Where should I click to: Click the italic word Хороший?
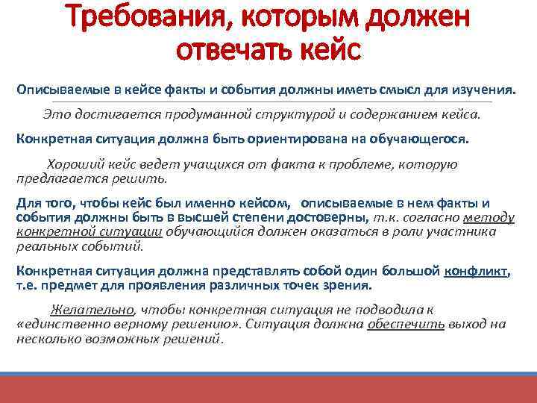[x=73, y=164]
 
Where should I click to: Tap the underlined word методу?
[x=489, y=217]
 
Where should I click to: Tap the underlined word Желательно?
[x=92, y=310]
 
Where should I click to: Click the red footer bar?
[x=268, y=389]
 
